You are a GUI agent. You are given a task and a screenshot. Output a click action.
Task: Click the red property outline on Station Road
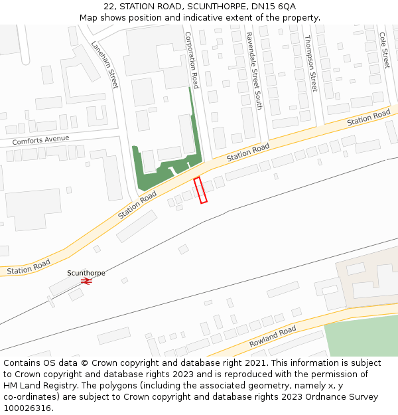200,190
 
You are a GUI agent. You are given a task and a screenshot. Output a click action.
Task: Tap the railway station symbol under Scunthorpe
86,281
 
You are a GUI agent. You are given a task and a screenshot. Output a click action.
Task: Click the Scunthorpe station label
86,273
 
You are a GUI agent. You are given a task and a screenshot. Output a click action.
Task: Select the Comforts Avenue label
40,140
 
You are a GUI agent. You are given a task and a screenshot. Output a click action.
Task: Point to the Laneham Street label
104,65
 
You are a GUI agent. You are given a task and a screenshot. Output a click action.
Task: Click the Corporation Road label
191,60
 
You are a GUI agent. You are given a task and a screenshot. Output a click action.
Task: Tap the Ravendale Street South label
254,71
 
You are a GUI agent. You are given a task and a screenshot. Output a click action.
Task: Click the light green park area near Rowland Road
362,339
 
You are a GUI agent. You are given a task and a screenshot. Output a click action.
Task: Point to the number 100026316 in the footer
27,408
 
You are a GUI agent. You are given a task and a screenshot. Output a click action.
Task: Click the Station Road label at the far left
28,268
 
